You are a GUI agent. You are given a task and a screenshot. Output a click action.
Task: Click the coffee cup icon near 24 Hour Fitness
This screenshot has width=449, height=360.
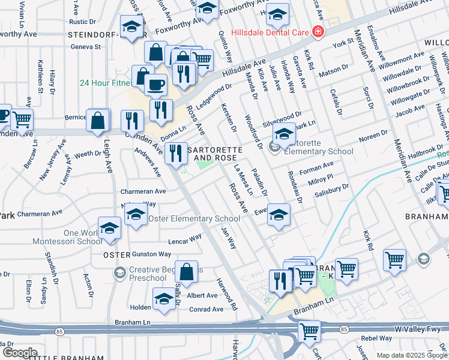pos(155,85)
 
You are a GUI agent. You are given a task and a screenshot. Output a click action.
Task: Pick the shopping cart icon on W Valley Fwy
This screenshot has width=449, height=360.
pos(309,329)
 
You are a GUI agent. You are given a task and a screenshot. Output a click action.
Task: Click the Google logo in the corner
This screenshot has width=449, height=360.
pos(20,352)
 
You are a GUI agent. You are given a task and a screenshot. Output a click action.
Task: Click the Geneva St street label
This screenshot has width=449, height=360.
pos(85,46)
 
